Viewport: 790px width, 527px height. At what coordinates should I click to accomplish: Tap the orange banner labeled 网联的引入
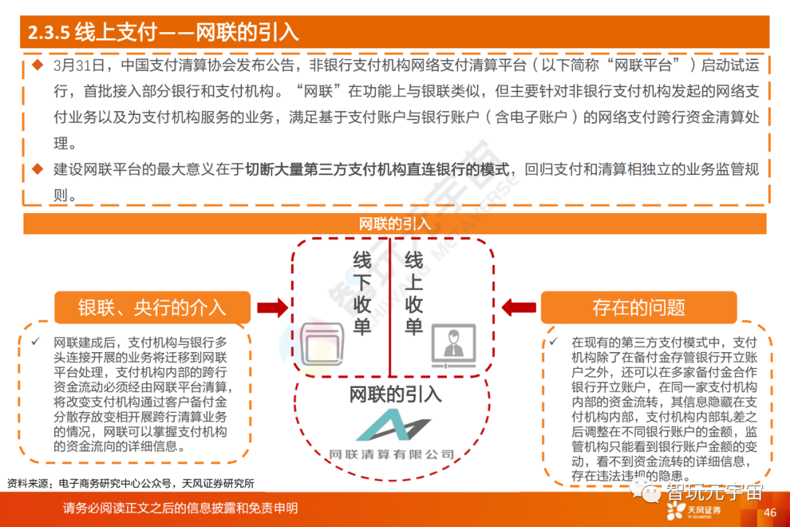pyautogui.click(x=394, y=224)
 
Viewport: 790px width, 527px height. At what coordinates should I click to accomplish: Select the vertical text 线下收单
pyautogui.click(x=362, y=294)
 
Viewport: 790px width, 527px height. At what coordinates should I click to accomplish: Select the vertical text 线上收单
pyautogui.click(x=414, y=294)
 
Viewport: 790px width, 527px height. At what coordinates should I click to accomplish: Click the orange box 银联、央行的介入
pyautogui.click(x=152, y=307)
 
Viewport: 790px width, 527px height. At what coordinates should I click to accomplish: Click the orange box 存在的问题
pyautogui.click(x=639, y=307)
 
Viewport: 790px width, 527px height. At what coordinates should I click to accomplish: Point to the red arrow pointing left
pyautogui.click(x=517, y=307)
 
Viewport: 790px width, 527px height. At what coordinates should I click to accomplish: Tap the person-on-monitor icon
pyautogui.click(x=454, y=345)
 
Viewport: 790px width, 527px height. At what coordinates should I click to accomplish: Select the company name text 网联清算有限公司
pyautogui.click(x=392, y=455)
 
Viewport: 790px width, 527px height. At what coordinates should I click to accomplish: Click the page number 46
pyautogui.click(x=770, y=512)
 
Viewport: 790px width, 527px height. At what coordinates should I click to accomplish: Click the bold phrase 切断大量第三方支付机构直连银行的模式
pyautogui.click(x=377, y=170)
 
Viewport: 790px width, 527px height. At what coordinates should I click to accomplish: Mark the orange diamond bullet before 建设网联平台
pyautogui.click(x=37, y=169)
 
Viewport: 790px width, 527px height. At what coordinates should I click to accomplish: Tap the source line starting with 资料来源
pyautogui.click(x=130, y=483)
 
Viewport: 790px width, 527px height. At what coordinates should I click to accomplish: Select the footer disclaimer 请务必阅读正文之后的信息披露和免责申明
pyautogui.click(x=180, y=509)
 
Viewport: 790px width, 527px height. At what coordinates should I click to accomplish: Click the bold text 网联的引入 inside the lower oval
pyautogui.click(x=395, y=395)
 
